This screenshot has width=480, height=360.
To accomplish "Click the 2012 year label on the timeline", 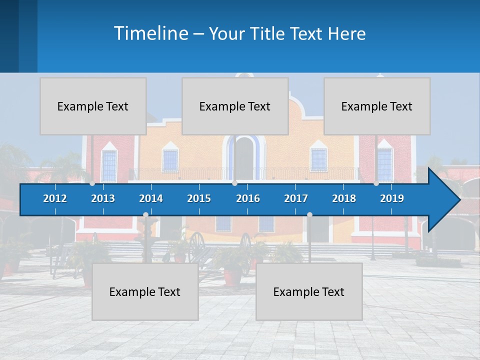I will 55,198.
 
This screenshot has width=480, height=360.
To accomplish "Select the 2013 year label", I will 103,198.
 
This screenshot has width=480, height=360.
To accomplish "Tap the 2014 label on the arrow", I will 151,198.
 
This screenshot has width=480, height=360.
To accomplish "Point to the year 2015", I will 199,198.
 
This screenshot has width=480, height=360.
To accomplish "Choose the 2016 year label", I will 248,198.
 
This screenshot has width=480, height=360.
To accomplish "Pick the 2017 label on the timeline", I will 296,198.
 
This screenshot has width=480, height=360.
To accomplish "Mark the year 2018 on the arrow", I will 344,198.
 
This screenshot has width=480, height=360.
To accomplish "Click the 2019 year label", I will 392,198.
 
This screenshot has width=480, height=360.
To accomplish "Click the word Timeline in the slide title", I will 150,33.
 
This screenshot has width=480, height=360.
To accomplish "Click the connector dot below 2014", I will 145,215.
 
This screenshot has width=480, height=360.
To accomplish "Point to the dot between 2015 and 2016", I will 234,183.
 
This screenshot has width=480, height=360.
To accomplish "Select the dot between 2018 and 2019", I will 376,183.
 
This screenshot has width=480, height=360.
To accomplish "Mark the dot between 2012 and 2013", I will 92,183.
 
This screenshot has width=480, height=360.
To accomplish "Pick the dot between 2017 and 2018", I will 309,215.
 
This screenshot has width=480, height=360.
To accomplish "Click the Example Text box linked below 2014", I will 145,291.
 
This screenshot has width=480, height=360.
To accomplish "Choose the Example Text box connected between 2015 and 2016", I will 235,106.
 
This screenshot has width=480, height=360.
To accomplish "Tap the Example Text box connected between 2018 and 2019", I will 377,106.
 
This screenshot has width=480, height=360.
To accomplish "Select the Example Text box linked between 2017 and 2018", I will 309,291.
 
